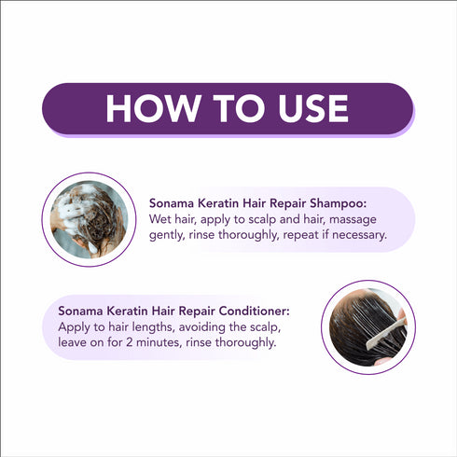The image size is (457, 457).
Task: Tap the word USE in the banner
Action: pos(304,109)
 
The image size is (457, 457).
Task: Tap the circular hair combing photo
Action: pos(367,327)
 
